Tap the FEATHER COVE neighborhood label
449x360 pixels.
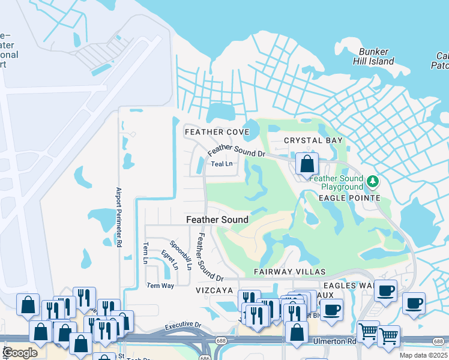click(217, 132)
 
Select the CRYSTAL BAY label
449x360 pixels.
click(313, 140)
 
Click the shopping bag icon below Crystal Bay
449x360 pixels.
click(307, 163)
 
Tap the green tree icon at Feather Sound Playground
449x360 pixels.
click(373, 181)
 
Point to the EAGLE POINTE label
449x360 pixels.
click(349, 198)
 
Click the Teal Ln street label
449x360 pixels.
click(221, 163)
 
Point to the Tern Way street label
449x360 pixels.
click(160, 286)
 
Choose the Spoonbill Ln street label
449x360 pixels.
click(180, 255)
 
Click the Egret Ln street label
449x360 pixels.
click(170, 259)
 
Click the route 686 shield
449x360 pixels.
click(205, 358)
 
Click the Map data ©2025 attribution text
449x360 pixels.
click(423, 355)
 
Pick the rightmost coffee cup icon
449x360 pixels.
click(414, 303)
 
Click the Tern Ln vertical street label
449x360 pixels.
click(145, 253)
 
